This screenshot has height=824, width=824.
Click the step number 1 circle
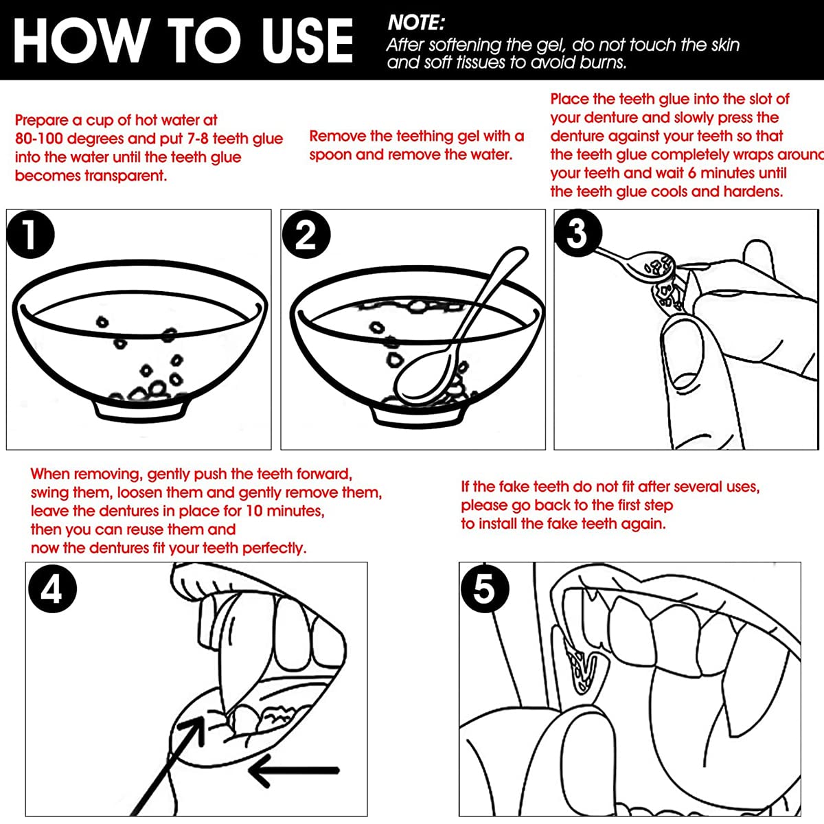(x=31, y=234)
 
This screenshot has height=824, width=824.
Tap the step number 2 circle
(x=306, y=234)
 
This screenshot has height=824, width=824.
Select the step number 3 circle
(x=577, y=233)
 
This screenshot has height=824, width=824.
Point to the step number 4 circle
(x=53, y=588)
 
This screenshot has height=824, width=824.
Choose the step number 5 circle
(x=485, y=588)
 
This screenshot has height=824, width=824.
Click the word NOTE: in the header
(x=416, y=23)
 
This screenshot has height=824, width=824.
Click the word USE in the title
(x=308, y=41)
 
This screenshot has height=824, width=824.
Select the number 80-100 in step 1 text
(x=39, y=139)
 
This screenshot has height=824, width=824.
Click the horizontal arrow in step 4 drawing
(x=294, y=770)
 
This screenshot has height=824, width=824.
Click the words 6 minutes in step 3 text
(x=727, y=173)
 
